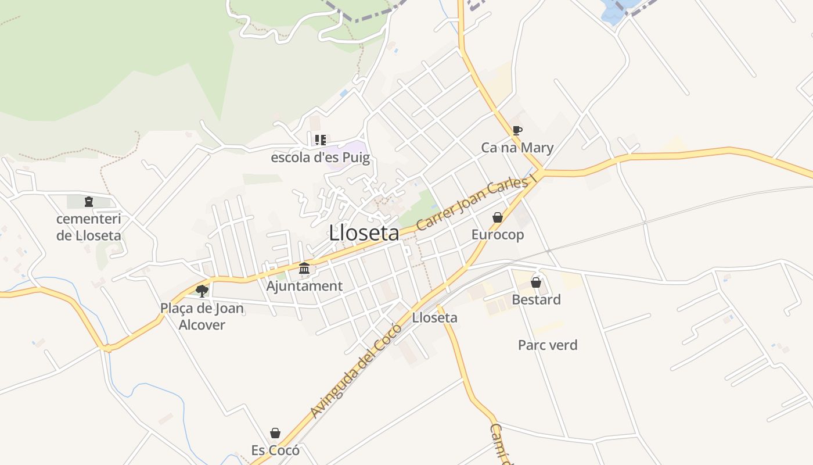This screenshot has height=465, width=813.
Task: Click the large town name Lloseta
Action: pos(364,233)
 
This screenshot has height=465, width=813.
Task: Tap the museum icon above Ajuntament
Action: pos(304,268)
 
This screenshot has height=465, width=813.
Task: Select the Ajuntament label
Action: pos(304,286)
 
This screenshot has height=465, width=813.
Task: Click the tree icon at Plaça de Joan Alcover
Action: pos(202,291)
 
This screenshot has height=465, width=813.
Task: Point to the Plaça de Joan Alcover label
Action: pos(202,316)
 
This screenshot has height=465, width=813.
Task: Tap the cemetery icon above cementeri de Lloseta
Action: pos(89,202)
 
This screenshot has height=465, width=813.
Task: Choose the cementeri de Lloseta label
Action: pos(89,227)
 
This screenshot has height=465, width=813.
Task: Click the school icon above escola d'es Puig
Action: pos(320,139)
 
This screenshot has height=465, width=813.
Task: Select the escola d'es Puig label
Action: pos(320,158)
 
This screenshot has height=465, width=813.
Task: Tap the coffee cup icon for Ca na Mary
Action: pos(517,130)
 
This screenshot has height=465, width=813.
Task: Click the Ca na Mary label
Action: pos(517,148)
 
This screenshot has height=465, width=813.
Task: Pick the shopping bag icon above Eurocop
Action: pos(498,217)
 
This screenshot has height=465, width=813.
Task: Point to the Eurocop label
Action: pos(498,235)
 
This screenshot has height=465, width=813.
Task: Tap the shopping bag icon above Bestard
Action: pos(536,282)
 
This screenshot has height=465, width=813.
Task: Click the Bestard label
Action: pos(536,300)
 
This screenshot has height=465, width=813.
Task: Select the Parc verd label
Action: pos(548,345)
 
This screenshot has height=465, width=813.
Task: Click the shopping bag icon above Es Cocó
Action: pos(275,433)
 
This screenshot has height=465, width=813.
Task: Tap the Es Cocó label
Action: pos(275,450)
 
